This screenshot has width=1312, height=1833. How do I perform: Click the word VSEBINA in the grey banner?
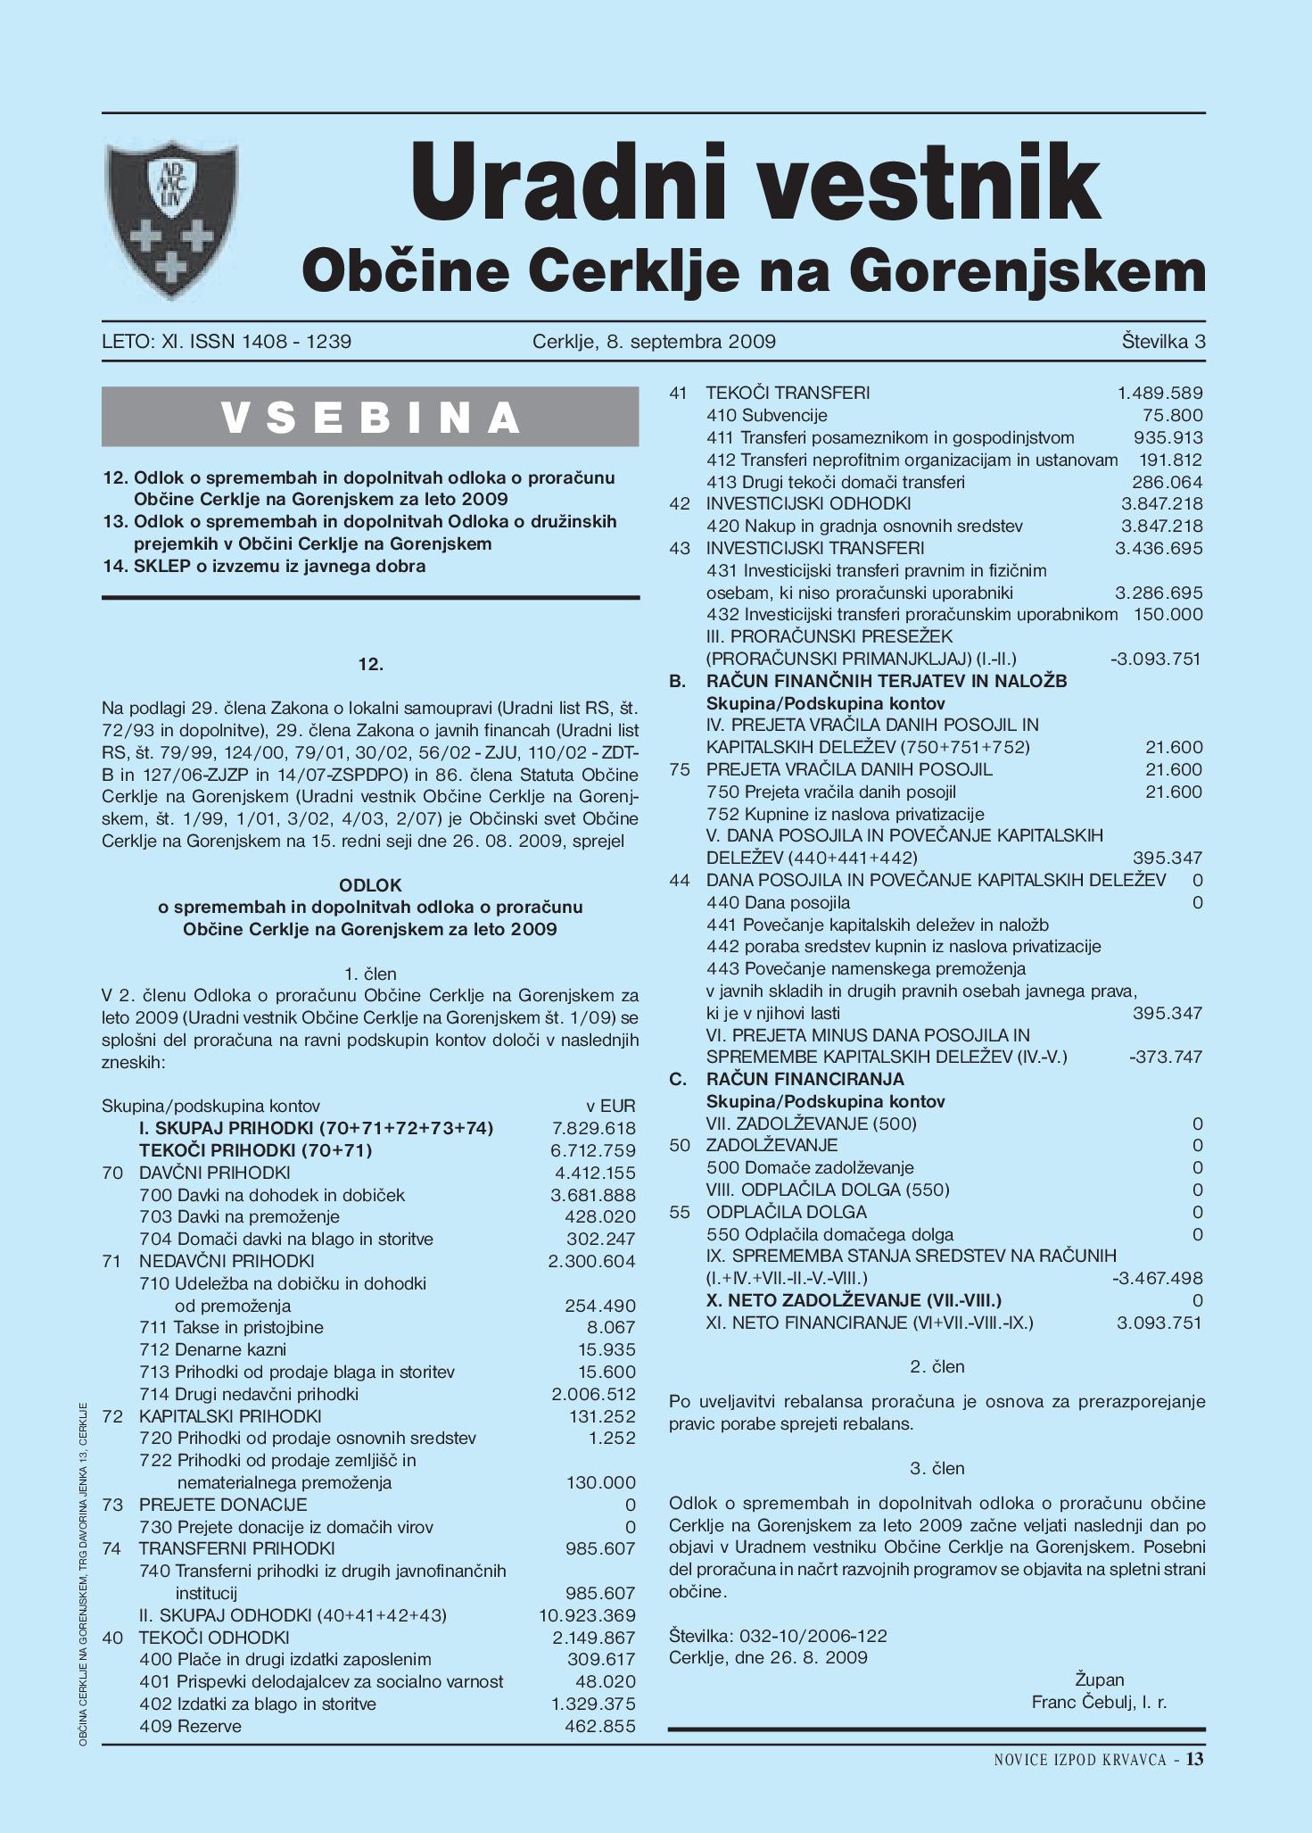370,418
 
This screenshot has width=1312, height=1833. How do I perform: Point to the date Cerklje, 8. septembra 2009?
654,341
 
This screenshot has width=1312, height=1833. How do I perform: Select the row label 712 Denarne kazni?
213,1349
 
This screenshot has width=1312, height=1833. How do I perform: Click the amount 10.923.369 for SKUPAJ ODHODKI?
588,1615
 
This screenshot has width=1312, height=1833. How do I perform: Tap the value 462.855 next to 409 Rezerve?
600,1726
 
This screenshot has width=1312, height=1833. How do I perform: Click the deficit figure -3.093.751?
1156,659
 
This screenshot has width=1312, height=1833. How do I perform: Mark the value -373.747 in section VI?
1166,1057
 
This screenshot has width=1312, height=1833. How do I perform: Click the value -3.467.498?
1157,1278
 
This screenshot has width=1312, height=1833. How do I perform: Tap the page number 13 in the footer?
1195,1759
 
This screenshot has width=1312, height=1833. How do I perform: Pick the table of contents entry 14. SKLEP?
265,566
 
